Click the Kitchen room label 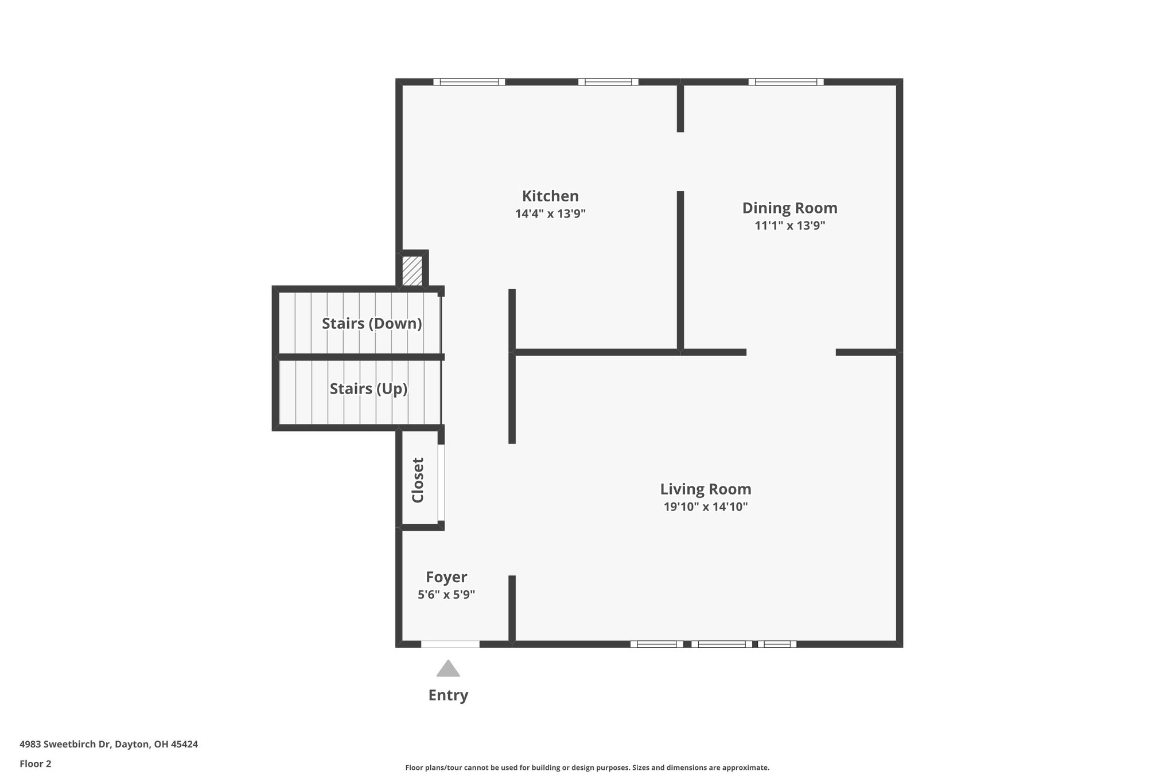click(x=550, y=196)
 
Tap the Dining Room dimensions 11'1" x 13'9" click(x=789, y=225)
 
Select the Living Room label click(x=705, y=489)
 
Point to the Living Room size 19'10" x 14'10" click(x=705, y=507)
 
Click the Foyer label click(x=446, y=577)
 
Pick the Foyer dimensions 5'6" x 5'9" click(x=446, y=595)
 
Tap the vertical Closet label click(x=418, y=480)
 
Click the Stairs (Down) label click(x=372, y=324)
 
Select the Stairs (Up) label click(x=368, y=389)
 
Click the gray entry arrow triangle click(x=448, y=669)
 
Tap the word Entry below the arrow click(x=448, y=695)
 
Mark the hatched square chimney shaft click(x=412, y=271)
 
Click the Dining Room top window click(x=785, y=82)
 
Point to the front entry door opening click(x=450, y=644)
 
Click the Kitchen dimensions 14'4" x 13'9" click(x=550, y=214)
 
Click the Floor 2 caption click(x=36, y=763)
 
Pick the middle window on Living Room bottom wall click(x=721, y=644)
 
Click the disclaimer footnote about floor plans click(x=587, y=768)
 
